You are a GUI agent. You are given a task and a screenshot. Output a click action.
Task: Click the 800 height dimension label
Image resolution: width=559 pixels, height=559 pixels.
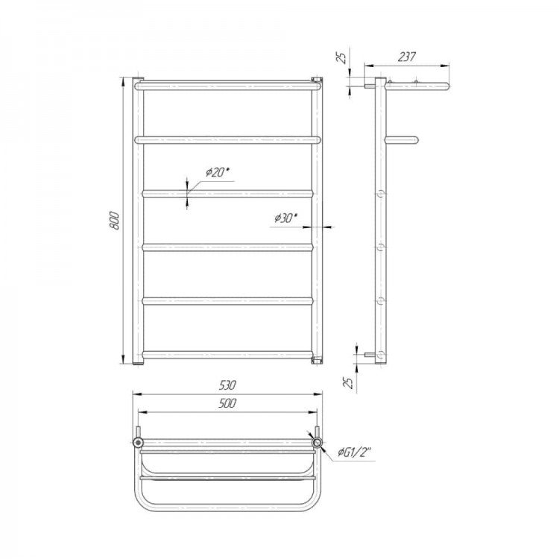[x=114, y=221]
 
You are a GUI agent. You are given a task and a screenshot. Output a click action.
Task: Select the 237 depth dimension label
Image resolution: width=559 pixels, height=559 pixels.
[x=407, y=57]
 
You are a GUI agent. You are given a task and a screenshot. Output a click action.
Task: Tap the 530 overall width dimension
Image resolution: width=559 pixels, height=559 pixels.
[x=227, y=385]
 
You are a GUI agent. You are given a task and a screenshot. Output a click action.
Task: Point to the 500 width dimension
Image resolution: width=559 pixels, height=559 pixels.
[x=227, y=403]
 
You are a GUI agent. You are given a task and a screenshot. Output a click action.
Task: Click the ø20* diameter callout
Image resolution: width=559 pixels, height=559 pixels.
[x=218, y=173]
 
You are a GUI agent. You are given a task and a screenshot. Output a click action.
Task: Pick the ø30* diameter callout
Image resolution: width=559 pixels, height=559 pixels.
[x=286, y=218]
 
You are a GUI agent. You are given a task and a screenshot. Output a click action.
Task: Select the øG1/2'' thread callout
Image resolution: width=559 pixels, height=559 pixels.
[x=355, y=452]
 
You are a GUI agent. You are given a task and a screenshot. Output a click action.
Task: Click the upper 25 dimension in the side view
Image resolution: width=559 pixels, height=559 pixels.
[x=342, y=57]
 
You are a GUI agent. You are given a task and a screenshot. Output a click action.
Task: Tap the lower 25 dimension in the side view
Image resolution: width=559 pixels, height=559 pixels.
[x=350, y=382]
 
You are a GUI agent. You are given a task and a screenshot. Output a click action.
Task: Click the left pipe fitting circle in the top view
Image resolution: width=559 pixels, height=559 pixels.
[x=138, y=443]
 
